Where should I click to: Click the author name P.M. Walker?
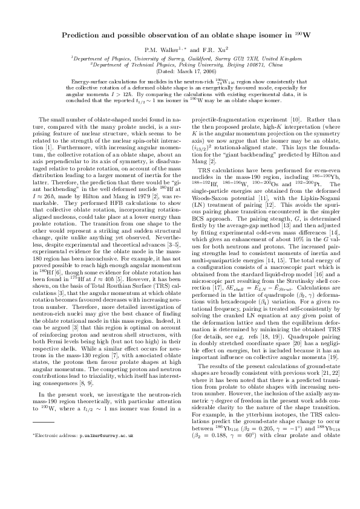pos(159,48)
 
